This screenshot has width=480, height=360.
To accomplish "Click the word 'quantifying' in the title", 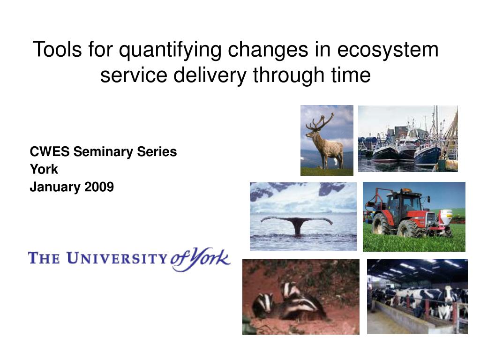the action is click(170, 50).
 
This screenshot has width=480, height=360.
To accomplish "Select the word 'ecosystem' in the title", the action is click(388, 50).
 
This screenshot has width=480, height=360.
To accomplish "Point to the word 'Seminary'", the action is click(103, 152).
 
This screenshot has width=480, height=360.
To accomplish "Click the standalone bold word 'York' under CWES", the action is click(44, 169).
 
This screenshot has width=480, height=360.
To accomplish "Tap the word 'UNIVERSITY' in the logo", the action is click(117, 259).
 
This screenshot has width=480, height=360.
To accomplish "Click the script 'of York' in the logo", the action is click(200, 259).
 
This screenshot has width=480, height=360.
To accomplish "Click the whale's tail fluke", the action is click(296, 223).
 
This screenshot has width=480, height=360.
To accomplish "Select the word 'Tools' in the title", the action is click(57, 50).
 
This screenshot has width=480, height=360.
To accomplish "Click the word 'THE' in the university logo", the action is click(44, 258).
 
